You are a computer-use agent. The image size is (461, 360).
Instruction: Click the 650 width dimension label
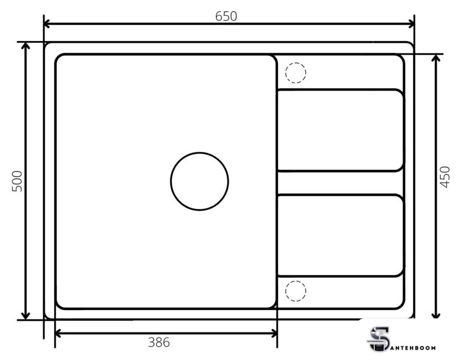coord(226,16)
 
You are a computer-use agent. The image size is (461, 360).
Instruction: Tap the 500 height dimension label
coord(17,181)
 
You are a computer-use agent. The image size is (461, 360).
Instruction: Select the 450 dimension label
coord(445,177)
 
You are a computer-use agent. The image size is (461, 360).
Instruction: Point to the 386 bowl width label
coord(159,343)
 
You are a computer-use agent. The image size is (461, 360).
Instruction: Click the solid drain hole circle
coord(200,152)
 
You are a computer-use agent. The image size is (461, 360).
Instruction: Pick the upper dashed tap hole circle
coord(296,63)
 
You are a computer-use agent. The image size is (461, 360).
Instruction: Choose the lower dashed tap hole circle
coord(296,281)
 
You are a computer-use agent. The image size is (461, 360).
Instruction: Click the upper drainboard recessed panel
coord(341,130)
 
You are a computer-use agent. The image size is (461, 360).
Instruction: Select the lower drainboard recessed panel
coord(341,235)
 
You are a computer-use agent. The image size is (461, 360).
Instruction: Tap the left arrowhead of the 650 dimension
coord(47,24)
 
